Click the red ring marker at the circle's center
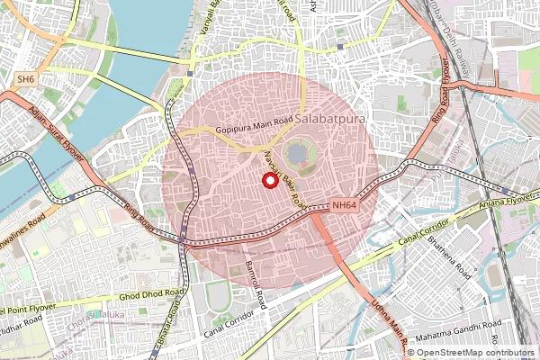pyautogui.click(x=269, y=180)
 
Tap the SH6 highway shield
pyautogui.click(x=27, y=80)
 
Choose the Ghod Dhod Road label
pyautogui.click(x=154, y=294)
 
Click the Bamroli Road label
pyautogui.click(x=256, y=286)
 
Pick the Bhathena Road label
pyautogui.click(x=447, y=256)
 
